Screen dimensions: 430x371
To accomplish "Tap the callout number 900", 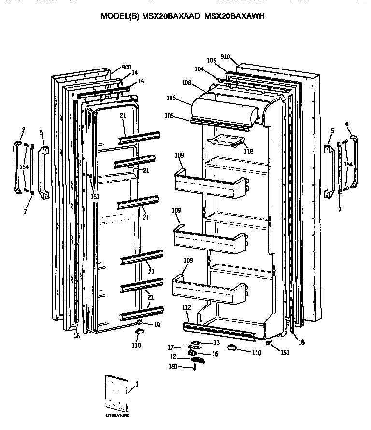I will tap(127, 67).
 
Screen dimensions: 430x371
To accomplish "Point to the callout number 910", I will tap(225, 56).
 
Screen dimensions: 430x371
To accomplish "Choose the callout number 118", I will tap(248, 151).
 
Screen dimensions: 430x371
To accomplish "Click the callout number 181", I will tap(173, 367).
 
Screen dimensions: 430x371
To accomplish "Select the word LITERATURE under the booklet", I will tap(118, 416).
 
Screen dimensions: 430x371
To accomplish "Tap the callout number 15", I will tap(141, 82).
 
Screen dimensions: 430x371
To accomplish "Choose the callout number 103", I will tap(211, 61).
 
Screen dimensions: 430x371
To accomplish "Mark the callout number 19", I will tap(157, 325).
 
